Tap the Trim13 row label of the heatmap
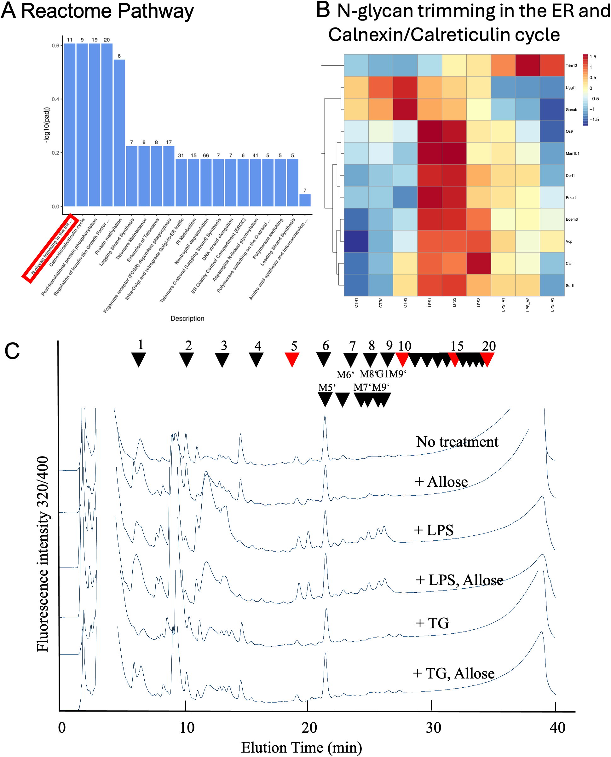point(571,66)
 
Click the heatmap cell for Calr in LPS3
point(479,263)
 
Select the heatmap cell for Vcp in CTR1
point(356,241)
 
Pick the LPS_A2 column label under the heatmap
point(527,304)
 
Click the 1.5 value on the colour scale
point(593,57)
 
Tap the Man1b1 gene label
point(572,154)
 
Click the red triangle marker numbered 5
point(292,359)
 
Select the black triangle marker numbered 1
point(139,359)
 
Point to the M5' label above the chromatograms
point(327,387)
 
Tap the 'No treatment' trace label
point(457,441)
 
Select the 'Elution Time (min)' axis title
point(301,747)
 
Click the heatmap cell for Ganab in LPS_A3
point(552,109)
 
